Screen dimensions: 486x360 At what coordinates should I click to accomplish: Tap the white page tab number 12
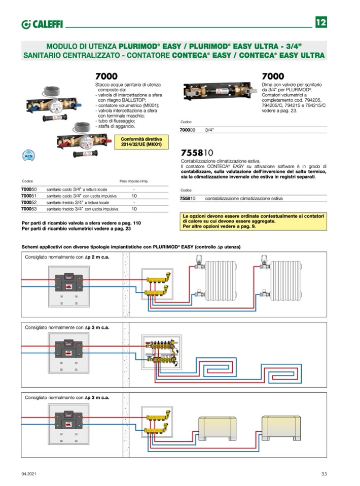point(320,23)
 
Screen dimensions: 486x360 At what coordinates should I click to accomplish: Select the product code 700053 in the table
point(28,208)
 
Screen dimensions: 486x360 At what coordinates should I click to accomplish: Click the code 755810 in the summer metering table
point(188,199)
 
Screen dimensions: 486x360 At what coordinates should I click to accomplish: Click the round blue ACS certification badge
point(29,156)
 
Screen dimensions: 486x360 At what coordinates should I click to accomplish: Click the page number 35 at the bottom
point(324,474)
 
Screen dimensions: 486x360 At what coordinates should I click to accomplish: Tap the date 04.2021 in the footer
point(28,474)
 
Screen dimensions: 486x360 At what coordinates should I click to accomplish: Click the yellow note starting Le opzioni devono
point(253,222)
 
